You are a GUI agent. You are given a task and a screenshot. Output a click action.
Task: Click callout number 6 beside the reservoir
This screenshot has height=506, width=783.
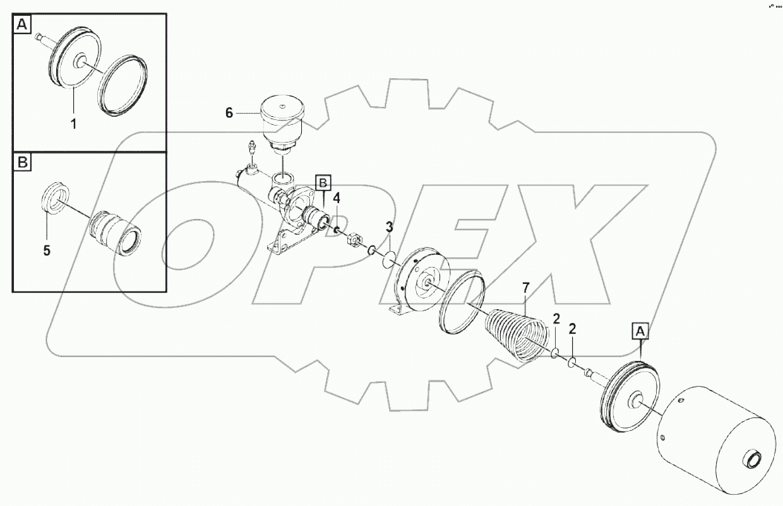tap(229, 113)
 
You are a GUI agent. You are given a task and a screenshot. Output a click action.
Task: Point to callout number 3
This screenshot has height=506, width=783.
tap(390, 227)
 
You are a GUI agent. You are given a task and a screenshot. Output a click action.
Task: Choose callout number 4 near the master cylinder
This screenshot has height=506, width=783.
tap(337, 198)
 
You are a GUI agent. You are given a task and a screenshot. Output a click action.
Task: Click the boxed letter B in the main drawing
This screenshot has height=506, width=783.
tap(322, 184)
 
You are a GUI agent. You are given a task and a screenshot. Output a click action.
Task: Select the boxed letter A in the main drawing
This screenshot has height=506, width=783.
tap(640, 330)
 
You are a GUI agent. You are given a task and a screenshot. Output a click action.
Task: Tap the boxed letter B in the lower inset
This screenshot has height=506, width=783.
tap(23, 162)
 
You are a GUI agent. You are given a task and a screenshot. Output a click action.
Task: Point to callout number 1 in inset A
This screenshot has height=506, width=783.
tap(73, 124)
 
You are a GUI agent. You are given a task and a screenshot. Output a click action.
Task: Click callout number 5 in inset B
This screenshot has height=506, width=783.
tap(47, 250)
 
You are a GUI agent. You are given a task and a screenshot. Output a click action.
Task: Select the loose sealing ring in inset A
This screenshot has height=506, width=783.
tap(123, 87)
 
